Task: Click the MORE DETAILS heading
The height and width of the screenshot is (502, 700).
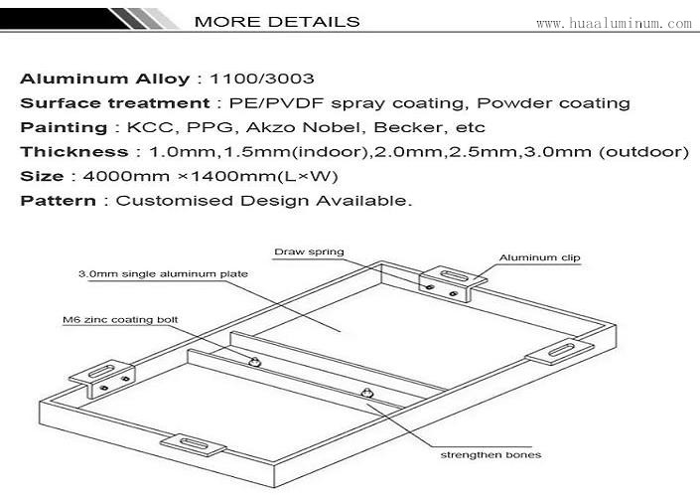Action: click(277, 22)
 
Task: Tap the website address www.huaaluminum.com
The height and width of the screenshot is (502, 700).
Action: click(614, 23)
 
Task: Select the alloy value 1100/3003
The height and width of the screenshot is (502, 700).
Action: click(262, 79)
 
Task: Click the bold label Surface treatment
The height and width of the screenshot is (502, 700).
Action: click(115, 103)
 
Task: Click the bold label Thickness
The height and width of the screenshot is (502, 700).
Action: click(74, 152)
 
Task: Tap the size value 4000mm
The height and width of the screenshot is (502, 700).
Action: click(126, 176)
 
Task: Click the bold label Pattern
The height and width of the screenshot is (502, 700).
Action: click(58, 201)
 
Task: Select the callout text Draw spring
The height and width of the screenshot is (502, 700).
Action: click(309, 251)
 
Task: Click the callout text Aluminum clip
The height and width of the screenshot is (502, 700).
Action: click(539, 257)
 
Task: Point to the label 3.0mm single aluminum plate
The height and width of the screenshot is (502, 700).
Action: click(163, 274)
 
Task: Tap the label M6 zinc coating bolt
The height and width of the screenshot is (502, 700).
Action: click(120, 320)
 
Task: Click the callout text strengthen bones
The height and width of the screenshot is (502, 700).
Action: click(490, 455)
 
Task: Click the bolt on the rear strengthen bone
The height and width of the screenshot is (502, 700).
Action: click(254, 361)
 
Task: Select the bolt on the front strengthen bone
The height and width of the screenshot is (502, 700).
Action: click(367, 394)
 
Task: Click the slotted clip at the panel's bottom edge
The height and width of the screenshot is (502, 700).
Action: click(194, 444)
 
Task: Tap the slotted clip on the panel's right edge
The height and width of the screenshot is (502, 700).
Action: click(560, 351)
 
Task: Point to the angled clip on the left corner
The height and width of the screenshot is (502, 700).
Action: click(102, 378)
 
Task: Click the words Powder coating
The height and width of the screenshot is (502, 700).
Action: click(553, 103)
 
